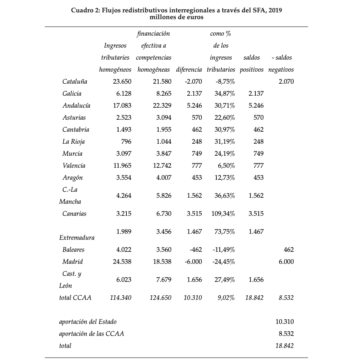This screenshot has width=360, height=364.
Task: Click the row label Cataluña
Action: (75, 81)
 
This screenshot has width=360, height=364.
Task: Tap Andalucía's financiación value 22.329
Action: (162, 105)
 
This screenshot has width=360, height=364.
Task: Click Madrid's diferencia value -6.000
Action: (193, 262)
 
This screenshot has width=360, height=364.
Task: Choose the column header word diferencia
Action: (189, 69)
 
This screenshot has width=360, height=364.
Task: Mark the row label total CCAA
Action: (75, 298)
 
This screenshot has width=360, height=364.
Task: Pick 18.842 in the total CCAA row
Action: (254, 298)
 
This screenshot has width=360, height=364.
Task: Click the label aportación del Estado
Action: (88, 322)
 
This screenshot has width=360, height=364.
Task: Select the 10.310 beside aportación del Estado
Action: (284, 322)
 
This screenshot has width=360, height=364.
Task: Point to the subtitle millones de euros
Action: (176, 17)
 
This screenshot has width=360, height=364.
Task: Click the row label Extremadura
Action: (77, 238)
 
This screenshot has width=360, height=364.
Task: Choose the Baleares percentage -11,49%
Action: (224, 250)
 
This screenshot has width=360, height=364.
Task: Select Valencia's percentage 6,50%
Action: (226, 165)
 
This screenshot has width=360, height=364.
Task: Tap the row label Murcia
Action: (72, 153)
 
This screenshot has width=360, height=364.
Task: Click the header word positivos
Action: (251, 69)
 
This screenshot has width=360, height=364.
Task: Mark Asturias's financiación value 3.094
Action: (164, 117)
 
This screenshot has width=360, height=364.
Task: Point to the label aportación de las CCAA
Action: (91, 334)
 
